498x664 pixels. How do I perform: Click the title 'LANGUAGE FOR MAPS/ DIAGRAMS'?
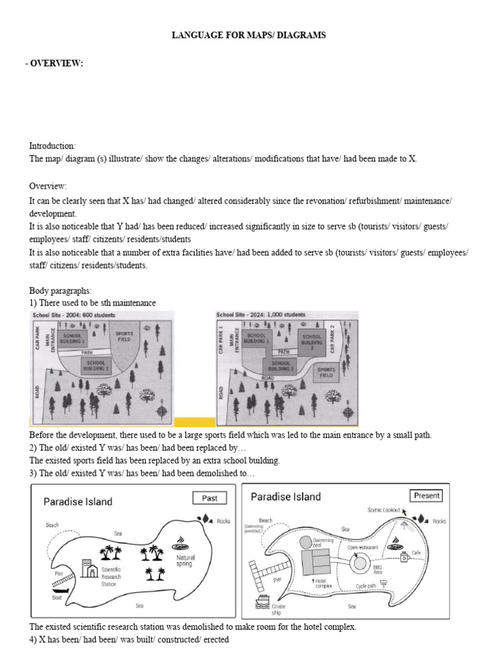click(x=248, y=36)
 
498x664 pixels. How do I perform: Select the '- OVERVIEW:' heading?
click(x=56, y=62)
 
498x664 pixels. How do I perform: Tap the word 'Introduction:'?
click(x=53, y=146)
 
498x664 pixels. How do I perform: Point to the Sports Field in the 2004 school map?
click(x=124, y=336)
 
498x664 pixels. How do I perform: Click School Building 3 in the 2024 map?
click(x=311, y=340)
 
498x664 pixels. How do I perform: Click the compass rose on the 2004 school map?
click(x=161, y=409)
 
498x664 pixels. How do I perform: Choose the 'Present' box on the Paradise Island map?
click(x=427, y=495)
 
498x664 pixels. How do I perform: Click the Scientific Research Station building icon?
click(x=88, y=568)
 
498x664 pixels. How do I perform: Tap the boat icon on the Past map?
click(x=58, y=591)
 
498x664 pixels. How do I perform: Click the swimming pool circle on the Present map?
click(x=305, y=541)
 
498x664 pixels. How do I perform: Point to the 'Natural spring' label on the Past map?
click(x=185, y=560)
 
